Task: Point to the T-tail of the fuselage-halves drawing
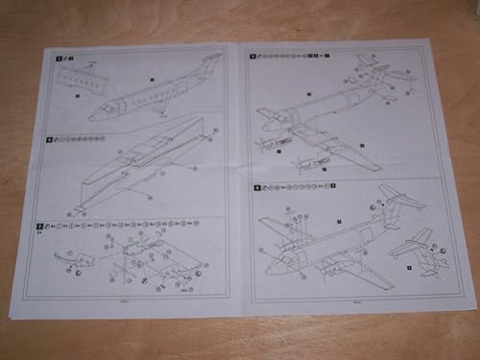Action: pos(209,60)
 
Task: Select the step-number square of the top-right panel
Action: pos(254,56)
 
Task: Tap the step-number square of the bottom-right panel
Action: pos(256,187)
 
